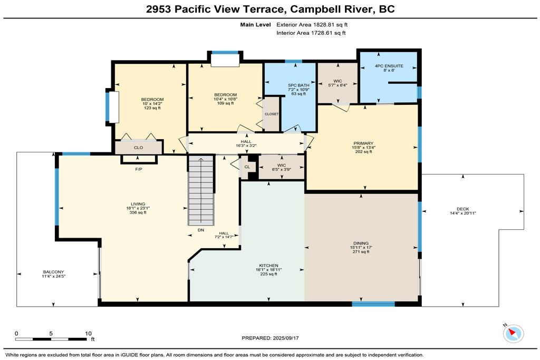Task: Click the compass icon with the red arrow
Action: (513, 333)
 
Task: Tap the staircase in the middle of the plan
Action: (201, 190)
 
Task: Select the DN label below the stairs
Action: (201, 230)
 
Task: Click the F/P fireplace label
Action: (139, 169)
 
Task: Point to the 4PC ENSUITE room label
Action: (389, 66)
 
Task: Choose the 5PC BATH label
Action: (298, 85)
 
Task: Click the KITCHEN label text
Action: (268, 265)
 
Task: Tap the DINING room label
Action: (361, 243)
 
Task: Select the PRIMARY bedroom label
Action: (363, 143)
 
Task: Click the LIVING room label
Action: (138, 204)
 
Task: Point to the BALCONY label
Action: (53, 272)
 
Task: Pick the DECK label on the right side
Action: (463, 209)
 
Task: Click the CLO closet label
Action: (139, 148)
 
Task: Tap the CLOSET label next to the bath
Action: (272, 114)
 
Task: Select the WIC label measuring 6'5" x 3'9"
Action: (282, 165)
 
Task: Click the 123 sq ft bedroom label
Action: (152, 108)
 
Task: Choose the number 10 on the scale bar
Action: (89, 333)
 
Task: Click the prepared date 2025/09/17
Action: (285, 338)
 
